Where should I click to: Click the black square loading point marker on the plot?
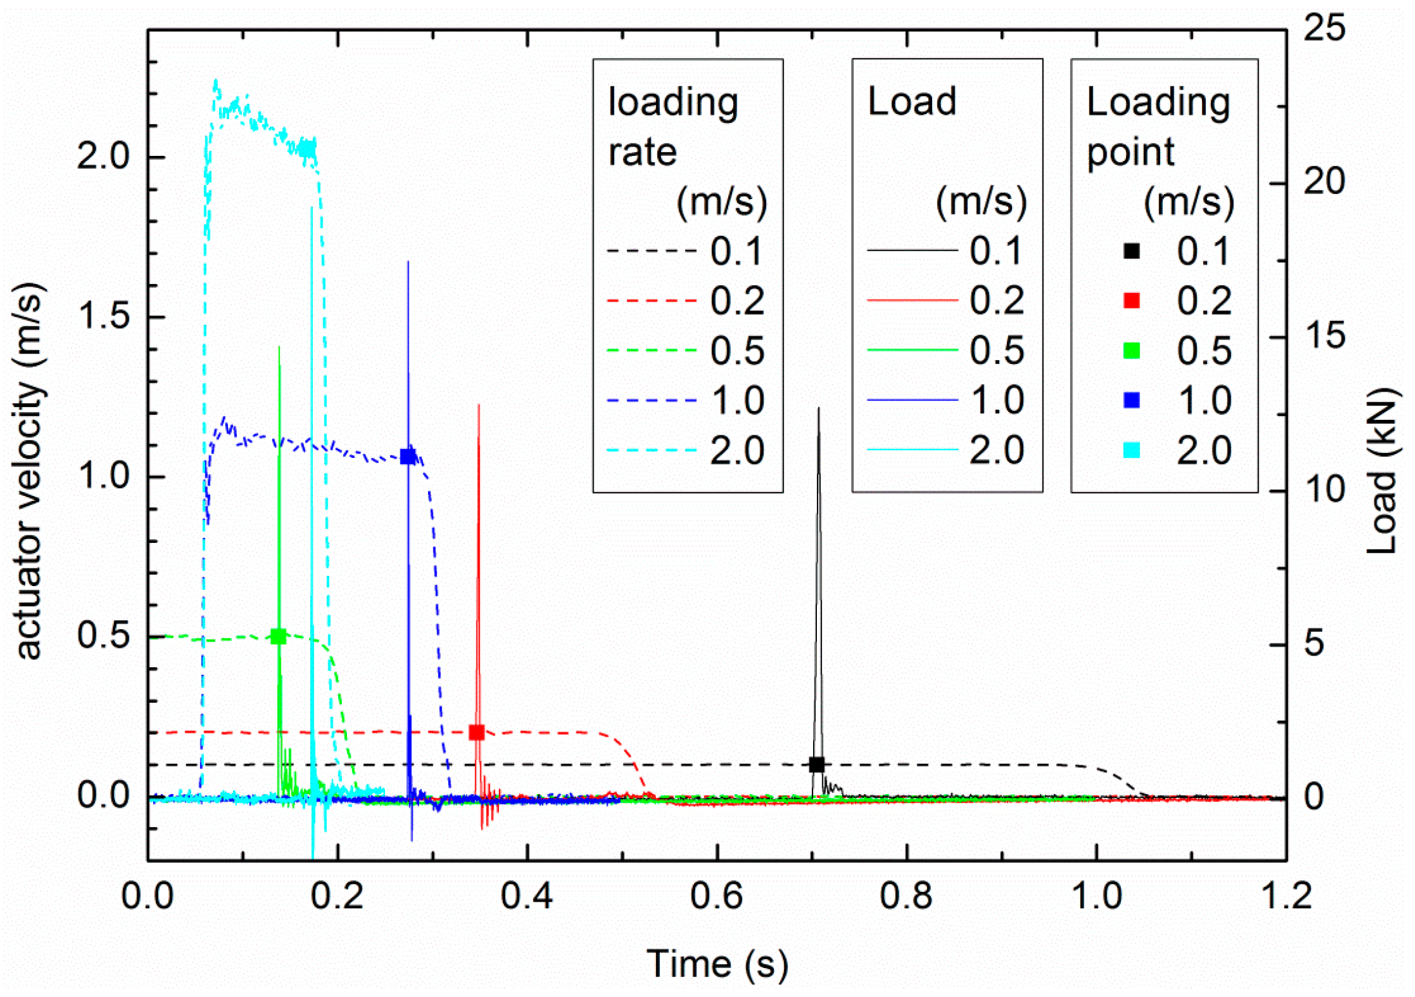pos(816,764)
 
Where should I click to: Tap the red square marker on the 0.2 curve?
pos(476,732)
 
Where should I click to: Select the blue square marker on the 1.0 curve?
pos(408,456)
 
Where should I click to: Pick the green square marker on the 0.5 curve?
pos(278,636)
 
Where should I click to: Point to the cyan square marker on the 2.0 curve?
pos(309,148)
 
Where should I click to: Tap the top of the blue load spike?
pos(408,262)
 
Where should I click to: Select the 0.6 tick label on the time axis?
pos(717,896)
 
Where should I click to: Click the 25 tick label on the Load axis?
pos(1324,28)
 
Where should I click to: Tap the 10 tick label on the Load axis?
pos(1324,489)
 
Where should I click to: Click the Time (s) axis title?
pos(717,964)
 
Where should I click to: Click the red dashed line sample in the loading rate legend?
pos(651,301)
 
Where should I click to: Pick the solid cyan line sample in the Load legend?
pos(912,450)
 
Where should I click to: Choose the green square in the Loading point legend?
pos(1131,350)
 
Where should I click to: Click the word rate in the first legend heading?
pos(642,153)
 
